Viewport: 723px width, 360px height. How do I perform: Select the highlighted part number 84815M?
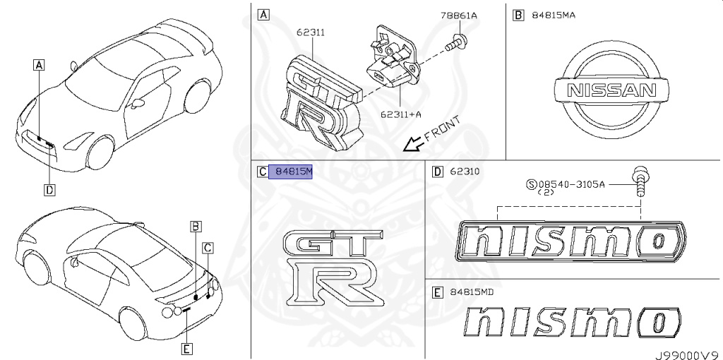tap(293, 171)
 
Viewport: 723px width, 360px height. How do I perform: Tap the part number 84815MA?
tap(551, 15)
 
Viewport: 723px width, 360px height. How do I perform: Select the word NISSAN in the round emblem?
tap(612, 90)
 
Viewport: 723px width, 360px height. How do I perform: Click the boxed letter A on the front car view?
tap(39, 65)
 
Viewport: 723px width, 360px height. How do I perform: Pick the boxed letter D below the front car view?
tap(49, 189)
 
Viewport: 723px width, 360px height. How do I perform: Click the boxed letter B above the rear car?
tap(196, 226)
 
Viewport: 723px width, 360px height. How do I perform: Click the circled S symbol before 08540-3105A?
tap(532, 184)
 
